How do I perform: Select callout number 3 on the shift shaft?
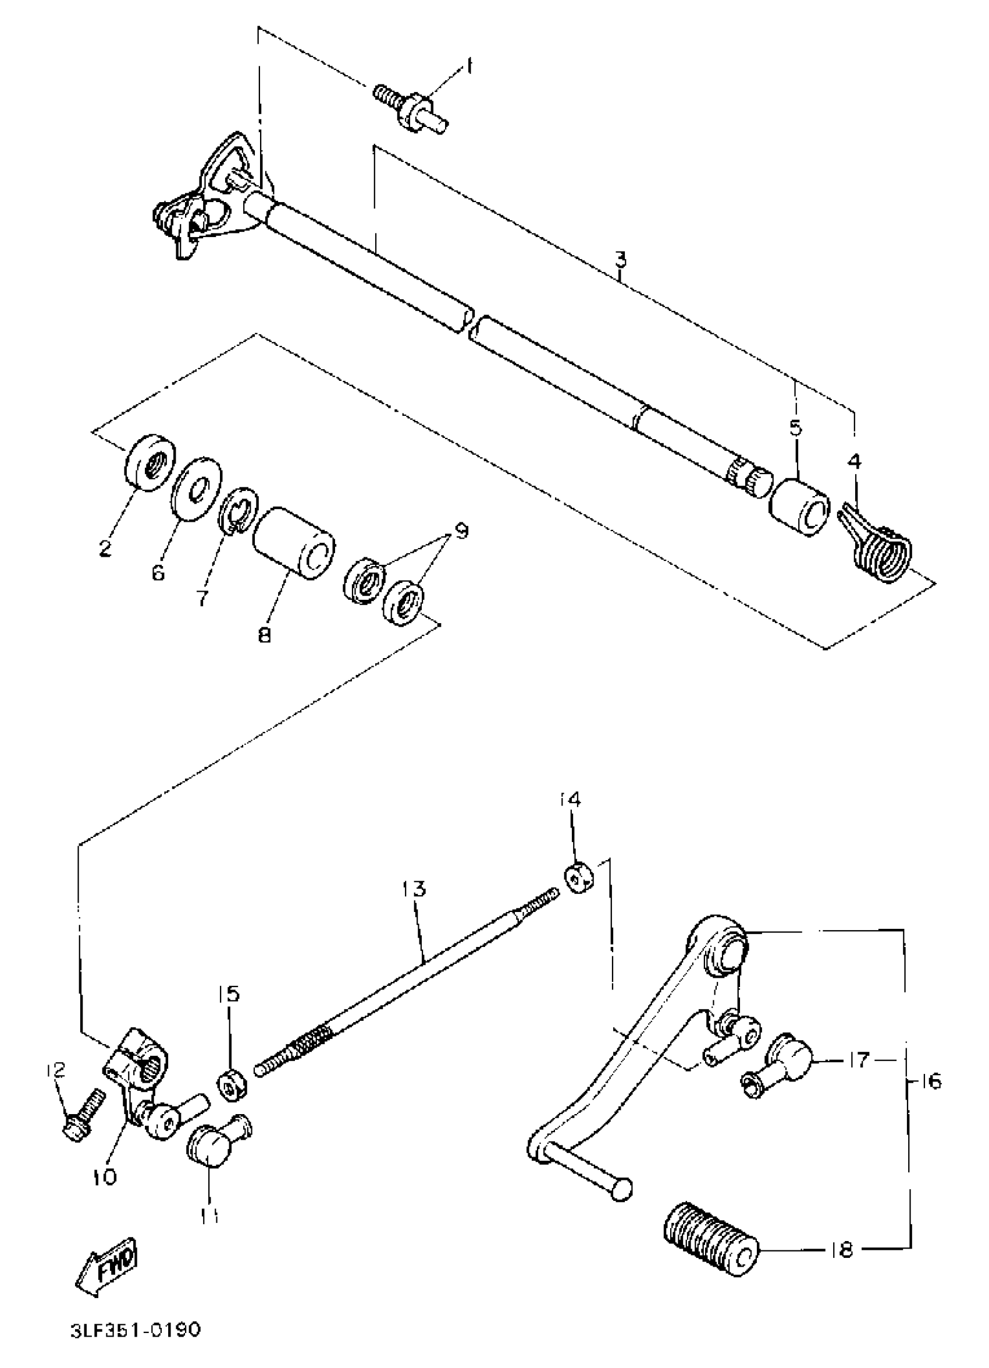(x=621, y=260)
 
